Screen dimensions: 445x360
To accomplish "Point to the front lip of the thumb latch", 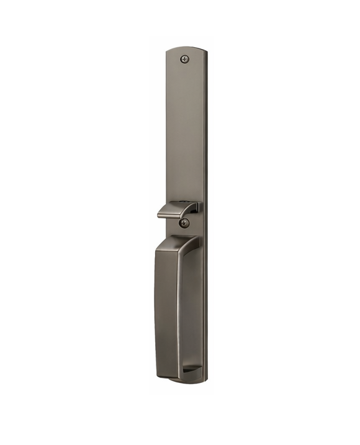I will click(x=163, y=214).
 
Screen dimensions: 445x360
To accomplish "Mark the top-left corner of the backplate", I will click(x=168, y=52).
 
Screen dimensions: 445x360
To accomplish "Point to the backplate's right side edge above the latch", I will click(x=205, y=137).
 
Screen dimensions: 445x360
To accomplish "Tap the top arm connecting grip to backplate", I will click(x=186, y=242).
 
